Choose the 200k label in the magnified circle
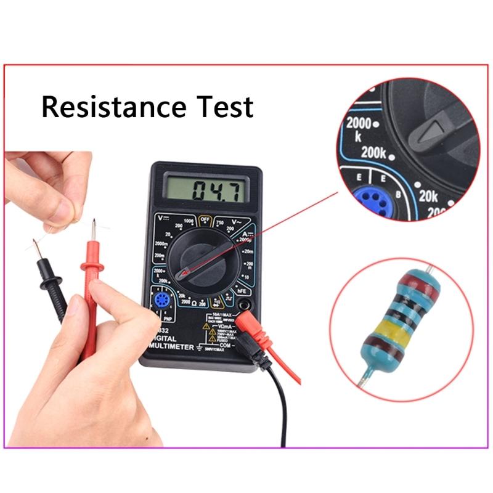[373, 152]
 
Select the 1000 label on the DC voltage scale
[189, 221]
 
